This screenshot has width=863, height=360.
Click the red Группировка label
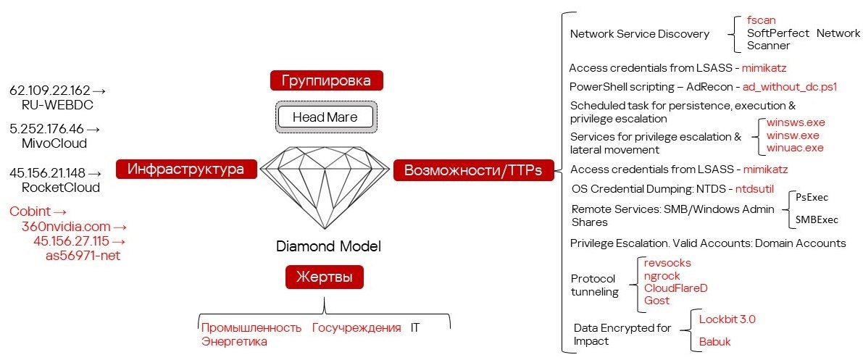click(x=326, y=81)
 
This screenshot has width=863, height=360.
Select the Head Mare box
click(x=326, y=117)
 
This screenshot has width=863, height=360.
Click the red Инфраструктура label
click(x=186, y=169)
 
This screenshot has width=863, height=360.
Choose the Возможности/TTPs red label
click(x=472, y=170)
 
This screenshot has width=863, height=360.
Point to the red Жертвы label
click(x=324, y=276)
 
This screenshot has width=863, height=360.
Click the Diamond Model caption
click(x=328, y=246)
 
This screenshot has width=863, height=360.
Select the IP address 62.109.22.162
click(x=49, y=91)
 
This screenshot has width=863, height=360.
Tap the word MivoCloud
click(x=54, y=143)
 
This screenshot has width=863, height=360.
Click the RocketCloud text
click(x=61, y=187)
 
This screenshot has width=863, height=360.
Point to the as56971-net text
click(x=83, y=256)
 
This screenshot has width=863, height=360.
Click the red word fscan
click(x=761, y=20)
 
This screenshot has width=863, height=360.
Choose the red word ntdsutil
click(x=754, y=189)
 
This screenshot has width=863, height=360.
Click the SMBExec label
click(x=817, y=220)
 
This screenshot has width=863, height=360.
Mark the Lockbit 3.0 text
click(x=723, y=319)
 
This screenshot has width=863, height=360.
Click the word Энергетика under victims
click(x=234, y=342)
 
